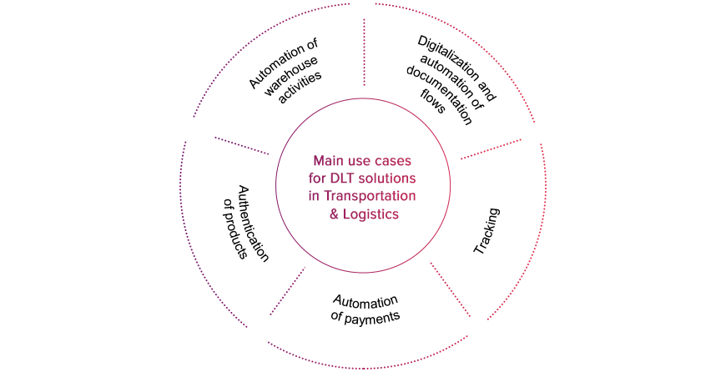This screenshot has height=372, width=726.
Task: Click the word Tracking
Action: point(487,231)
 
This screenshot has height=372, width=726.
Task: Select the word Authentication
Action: point(253,224)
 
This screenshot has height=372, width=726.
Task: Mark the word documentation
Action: point(439,95)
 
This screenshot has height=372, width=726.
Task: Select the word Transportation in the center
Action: point(369,196)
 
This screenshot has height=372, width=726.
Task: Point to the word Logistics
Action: point(371,214)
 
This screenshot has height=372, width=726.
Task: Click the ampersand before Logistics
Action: point(335,214)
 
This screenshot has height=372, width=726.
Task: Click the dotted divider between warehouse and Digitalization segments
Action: point(365,53)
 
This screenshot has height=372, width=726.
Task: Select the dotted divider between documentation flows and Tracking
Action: point(492,149)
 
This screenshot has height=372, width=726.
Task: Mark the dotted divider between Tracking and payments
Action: point(451,289)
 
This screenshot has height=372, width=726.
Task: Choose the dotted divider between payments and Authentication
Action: point(288,291)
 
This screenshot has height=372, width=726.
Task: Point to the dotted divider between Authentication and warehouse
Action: point(242,145)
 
